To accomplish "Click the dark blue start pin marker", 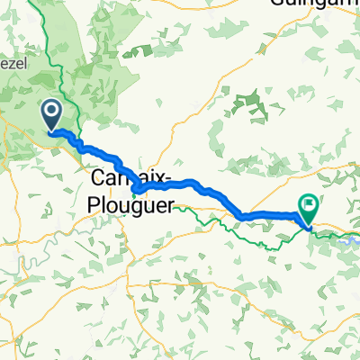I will (51, 114).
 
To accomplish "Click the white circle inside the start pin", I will (51, 112).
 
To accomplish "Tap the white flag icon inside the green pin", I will (308, 206).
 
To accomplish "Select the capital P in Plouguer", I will (94, 203).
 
